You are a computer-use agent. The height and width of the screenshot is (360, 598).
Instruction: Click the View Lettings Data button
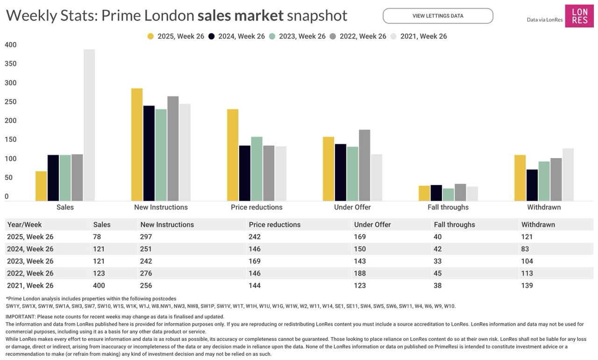[x=438, y=16]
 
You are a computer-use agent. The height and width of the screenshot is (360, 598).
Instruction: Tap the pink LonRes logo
[x=579, y=16]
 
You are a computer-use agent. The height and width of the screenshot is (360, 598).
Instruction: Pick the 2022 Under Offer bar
[x=364, y=166]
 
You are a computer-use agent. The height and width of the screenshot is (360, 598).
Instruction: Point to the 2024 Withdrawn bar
[x=532, y=185]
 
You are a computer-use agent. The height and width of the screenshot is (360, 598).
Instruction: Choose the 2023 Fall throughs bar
[x=448, y=194]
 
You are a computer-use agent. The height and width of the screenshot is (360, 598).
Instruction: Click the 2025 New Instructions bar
[x=137, y=145]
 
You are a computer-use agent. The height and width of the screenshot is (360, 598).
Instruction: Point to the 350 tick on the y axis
[x=10, y=64]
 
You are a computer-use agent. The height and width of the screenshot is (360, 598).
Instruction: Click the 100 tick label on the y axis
[x=10, y=159]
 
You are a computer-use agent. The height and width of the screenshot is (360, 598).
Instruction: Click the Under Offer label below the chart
[x=352, y=207]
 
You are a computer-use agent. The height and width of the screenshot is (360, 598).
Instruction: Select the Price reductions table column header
[x=274, y=224]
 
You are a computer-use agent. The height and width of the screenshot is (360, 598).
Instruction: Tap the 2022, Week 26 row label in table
[x=30, y=273]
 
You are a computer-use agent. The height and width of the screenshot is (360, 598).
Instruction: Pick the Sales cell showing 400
[x=99, y=285]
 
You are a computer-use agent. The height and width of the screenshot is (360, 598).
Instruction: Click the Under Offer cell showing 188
[x=360, y=273]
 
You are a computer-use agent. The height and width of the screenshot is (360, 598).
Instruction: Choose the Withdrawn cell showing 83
[x=525, y=249]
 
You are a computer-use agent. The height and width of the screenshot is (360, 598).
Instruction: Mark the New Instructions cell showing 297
[x=146, y=237]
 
